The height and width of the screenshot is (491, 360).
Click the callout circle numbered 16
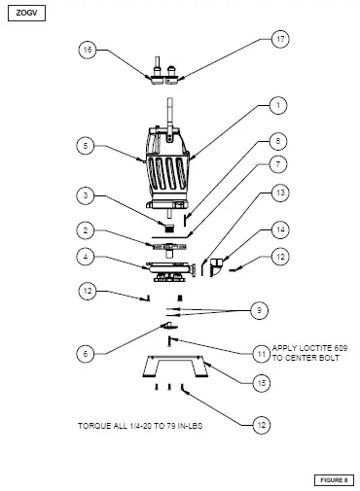pyautogui.click(x=87, y=50)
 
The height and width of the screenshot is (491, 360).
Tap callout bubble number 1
pyautogui.click(x=277, y=104)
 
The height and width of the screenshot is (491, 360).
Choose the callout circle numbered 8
pyautogui.click(x=277, y=141)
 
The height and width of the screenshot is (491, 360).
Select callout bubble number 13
pyautogui.click(x=279, y=193)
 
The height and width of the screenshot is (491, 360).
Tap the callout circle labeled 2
pyautogui.click(x=86, y=230)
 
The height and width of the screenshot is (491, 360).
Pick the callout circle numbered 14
pyautogui.click(x=279, y=229)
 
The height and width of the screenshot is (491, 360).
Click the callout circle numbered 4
pyautogui.click(x=86, y=257)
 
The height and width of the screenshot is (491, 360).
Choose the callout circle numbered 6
pyautogui.click(x=86, y=354)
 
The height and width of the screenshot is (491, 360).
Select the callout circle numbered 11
pyautogui.click(x=261, y=352)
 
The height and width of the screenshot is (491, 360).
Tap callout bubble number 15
pyautogui.click(x=261, y=384)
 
